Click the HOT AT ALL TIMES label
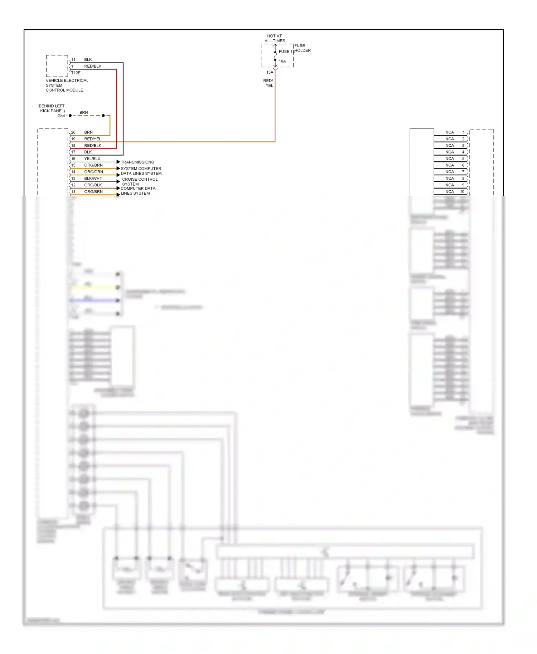(x=275, y=38)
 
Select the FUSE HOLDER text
(x=302, y=48)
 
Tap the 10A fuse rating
(x=282, y=61)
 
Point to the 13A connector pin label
(x=270, y=72)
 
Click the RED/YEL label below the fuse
(x=268, y=83)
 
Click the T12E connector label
(x=76, y=73)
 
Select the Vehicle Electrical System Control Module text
(x=67, y=85)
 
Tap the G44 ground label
(x=61, y=116)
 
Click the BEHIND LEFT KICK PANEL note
(x=52, y=108)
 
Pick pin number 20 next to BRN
(x=73, y=132)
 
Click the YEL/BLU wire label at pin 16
(x=92, y=158)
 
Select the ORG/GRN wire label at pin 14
(x=93, y=172)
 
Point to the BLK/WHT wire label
(x=93, y=179)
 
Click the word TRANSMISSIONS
(x=137, y=162)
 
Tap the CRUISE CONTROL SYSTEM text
(x=140, y=182)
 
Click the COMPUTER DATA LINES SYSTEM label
(x=138, y=191)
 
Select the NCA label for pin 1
(x=449, y=132)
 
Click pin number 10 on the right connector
(x=462, y=192)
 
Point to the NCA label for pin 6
(x=449, y=165)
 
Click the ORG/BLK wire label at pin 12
(x=93, y=185)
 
